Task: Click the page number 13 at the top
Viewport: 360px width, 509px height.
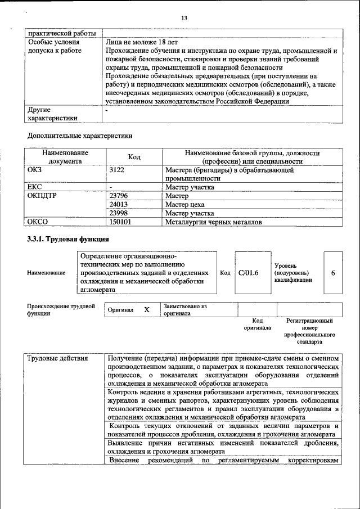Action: point(183,19)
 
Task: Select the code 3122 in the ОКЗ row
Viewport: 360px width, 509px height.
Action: point(116,169)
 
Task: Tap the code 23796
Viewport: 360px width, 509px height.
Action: point(119,196)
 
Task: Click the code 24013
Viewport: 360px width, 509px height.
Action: point(119,205)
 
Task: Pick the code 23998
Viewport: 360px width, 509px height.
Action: point(119,213)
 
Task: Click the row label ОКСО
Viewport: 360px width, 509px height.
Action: point(39,222)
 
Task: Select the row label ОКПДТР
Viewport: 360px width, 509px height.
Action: point(43,196)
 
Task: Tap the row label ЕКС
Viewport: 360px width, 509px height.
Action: point(35,187)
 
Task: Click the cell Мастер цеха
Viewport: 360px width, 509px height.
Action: point(185,205)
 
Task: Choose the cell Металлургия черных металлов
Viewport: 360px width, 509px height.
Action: point(213,222)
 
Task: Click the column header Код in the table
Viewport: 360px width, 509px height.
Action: point(134,156)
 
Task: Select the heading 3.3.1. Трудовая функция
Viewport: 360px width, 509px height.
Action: point(68,239)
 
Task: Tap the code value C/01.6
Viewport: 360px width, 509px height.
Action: point(248,273)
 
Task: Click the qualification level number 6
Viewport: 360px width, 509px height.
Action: point(333,273)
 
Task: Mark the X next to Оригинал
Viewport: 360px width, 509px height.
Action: point(147,310)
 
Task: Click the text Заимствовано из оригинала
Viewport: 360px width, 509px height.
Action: point(185,310)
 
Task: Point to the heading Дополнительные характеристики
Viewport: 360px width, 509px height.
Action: point(80,136)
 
